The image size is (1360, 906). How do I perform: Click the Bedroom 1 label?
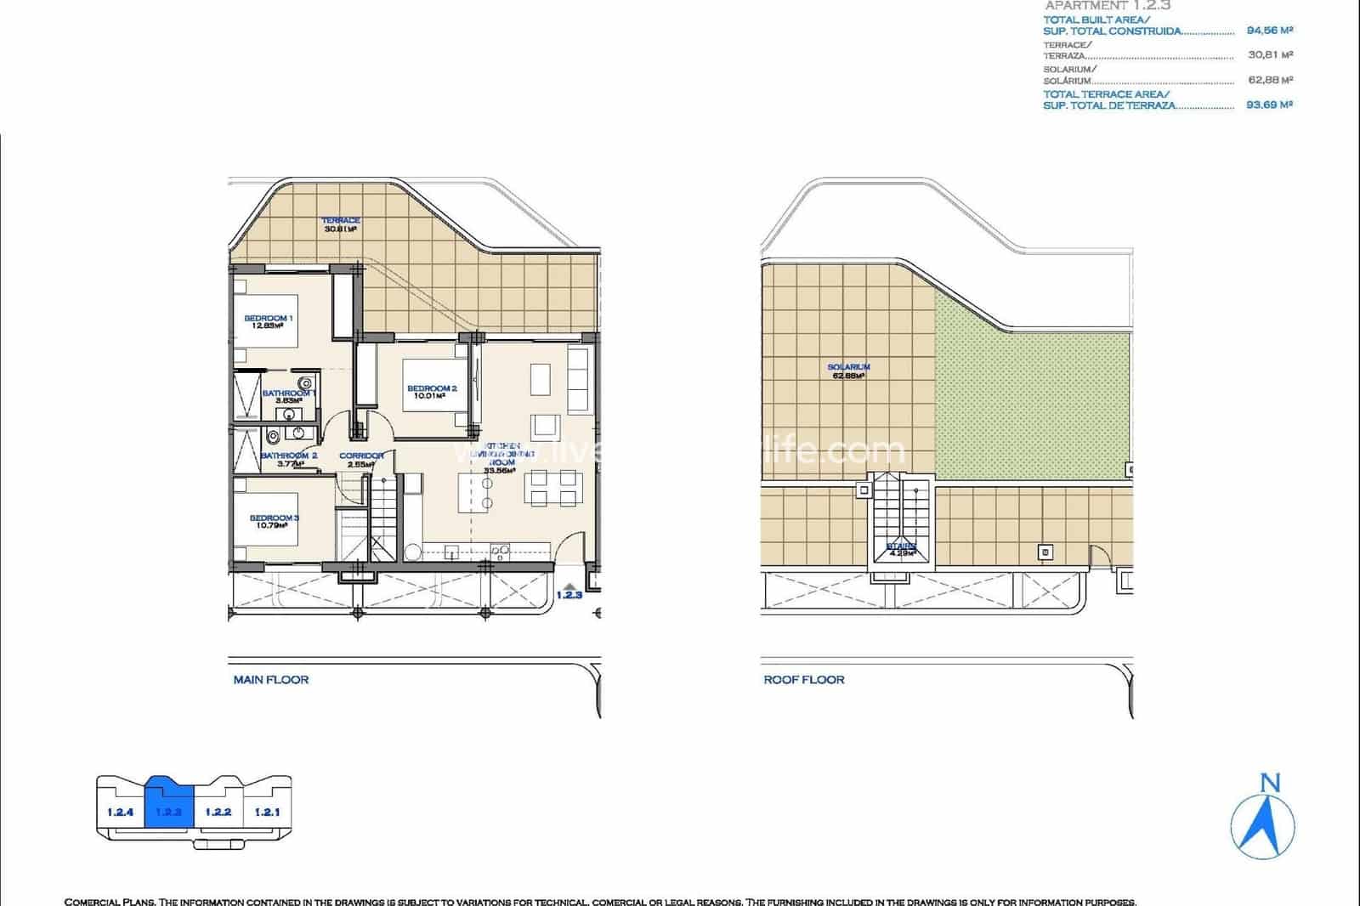pos(268,321)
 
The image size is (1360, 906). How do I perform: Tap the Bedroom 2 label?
pos(432,392)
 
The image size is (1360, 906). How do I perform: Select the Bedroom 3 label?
pos(273,521)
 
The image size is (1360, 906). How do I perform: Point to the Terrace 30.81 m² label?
pos(340,224)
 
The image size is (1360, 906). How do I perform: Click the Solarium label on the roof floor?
pos(848,371)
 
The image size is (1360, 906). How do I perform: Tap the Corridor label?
pos(361,460)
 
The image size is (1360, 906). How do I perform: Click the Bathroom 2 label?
pos(289,459)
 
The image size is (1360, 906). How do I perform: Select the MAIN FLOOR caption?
pos(271,680)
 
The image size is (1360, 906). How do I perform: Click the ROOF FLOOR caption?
pos(804,680)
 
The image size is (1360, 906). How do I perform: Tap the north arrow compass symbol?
pos(1263,818)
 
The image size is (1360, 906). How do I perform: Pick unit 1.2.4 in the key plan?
pos(121,812)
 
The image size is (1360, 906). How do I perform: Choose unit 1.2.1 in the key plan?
pos(267,812)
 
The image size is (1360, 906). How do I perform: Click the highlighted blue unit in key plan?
pos(170,807)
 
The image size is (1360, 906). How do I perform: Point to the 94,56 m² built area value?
pos(1269,31)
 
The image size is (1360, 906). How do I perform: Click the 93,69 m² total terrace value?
pos(1269,105)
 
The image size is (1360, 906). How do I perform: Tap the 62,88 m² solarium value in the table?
pos(1269,80)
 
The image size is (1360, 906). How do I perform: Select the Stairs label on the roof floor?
pos(901,549)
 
